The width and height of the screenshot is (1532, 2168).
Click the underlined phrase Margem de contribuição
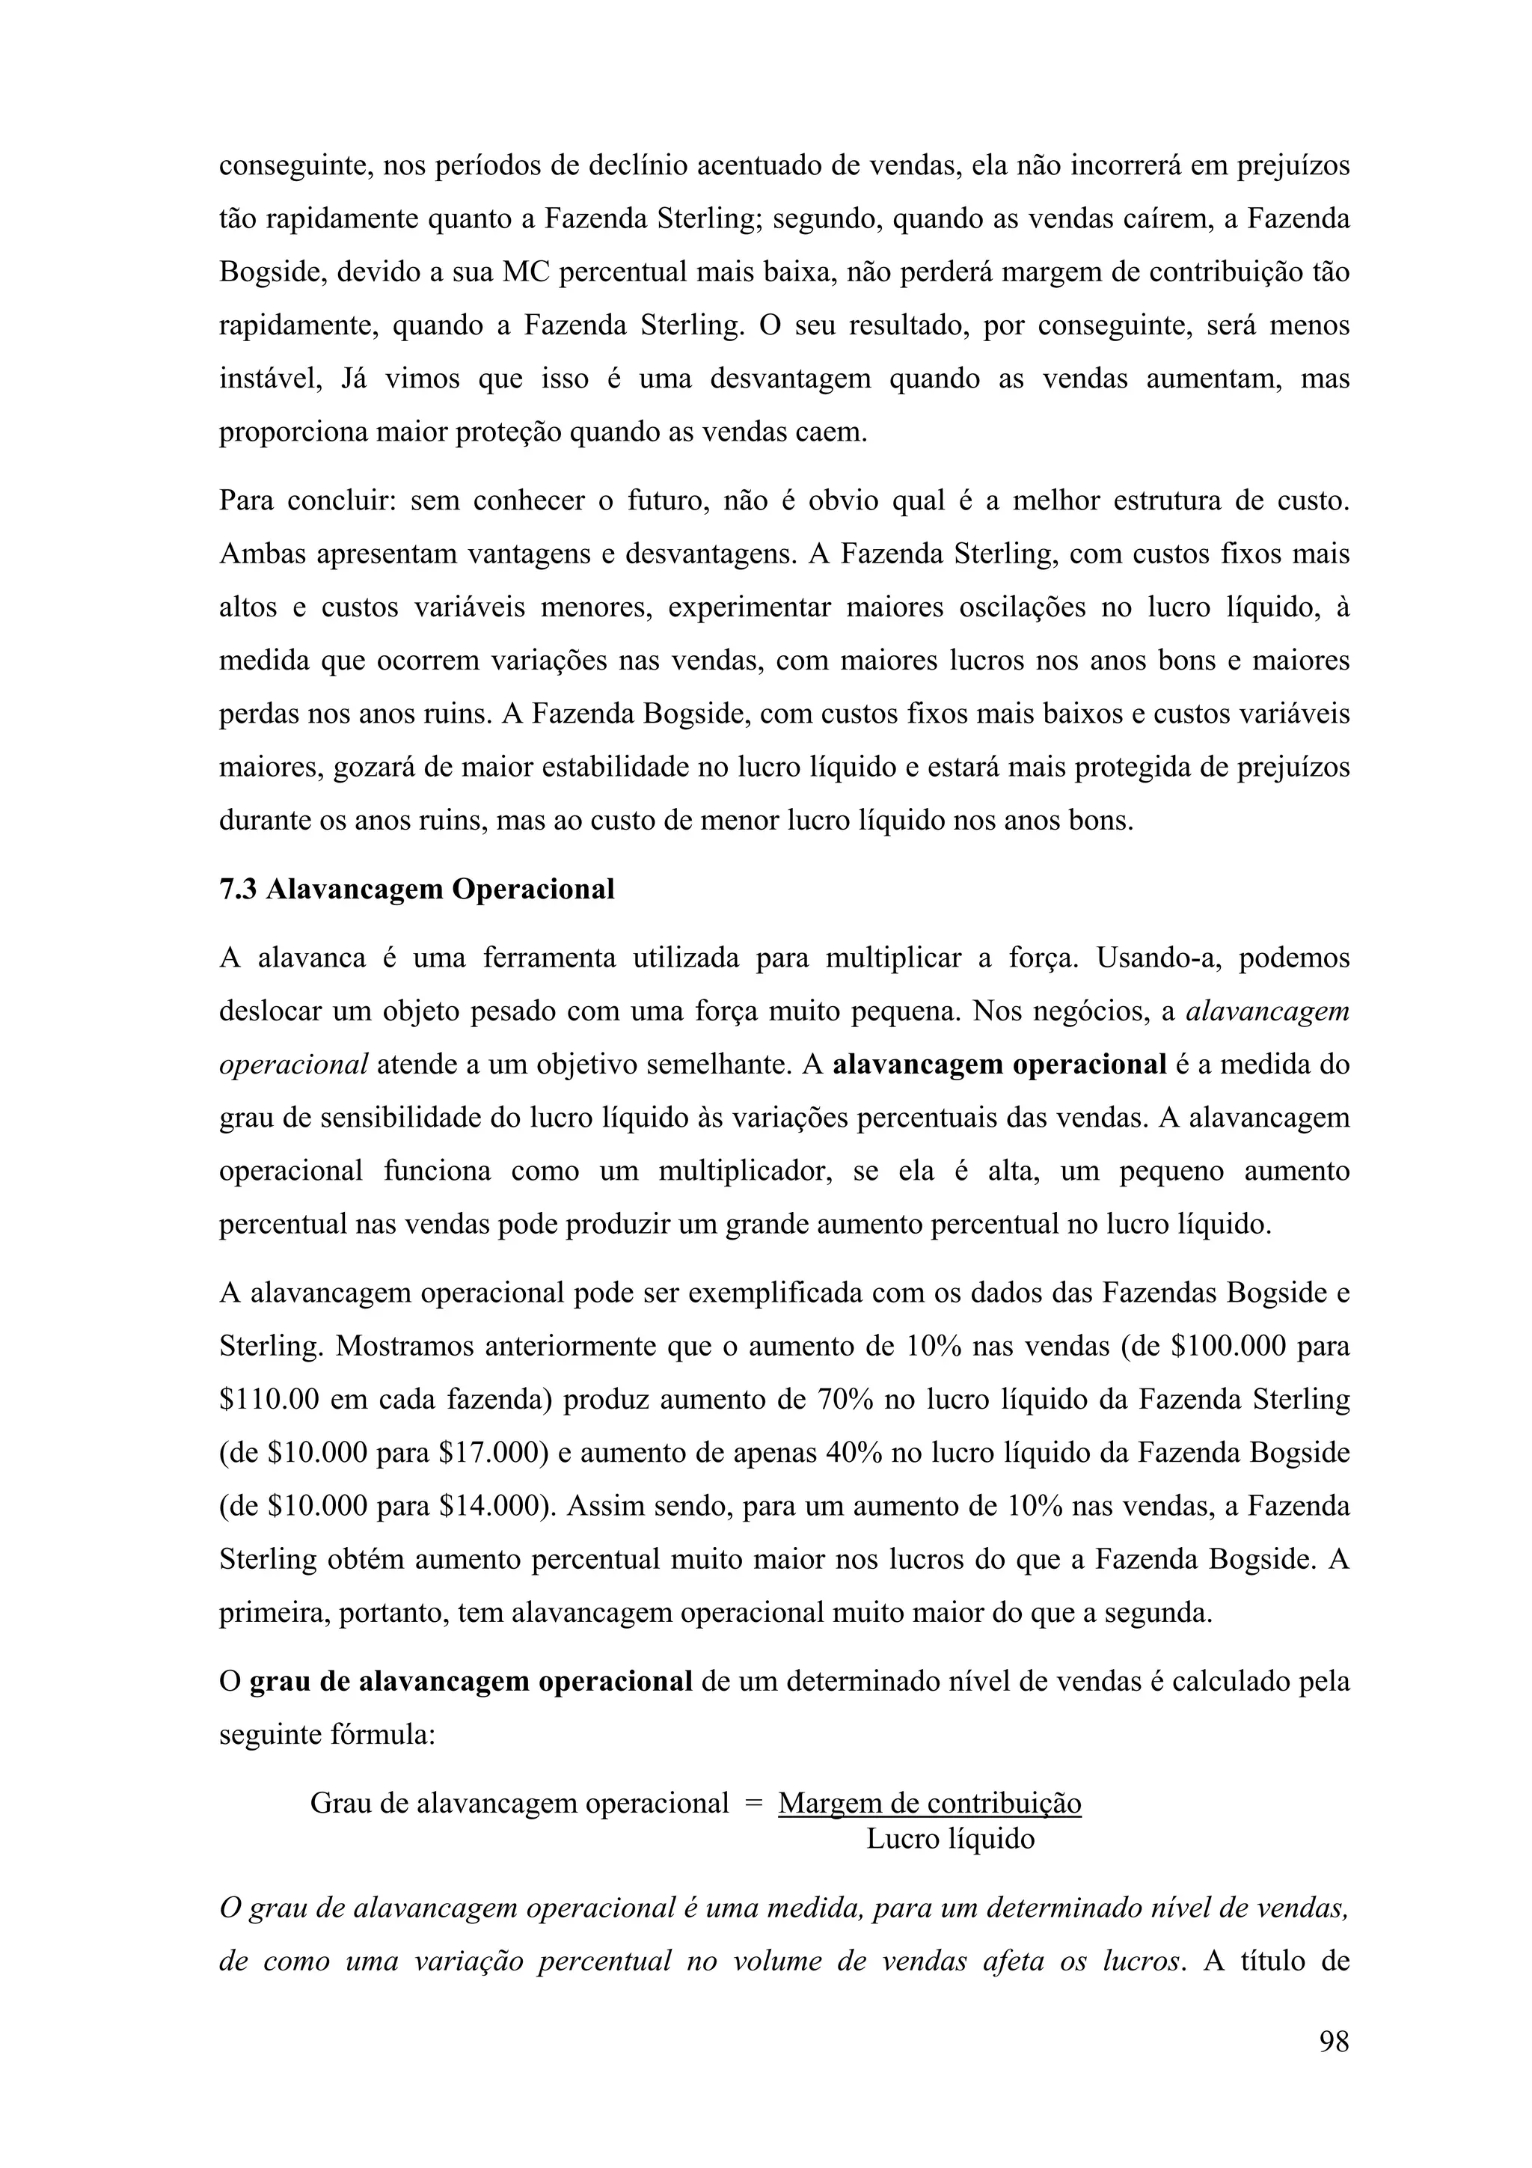[929, 1804]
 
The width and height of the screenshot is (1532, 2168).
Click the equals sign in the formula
[753, 1804]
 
